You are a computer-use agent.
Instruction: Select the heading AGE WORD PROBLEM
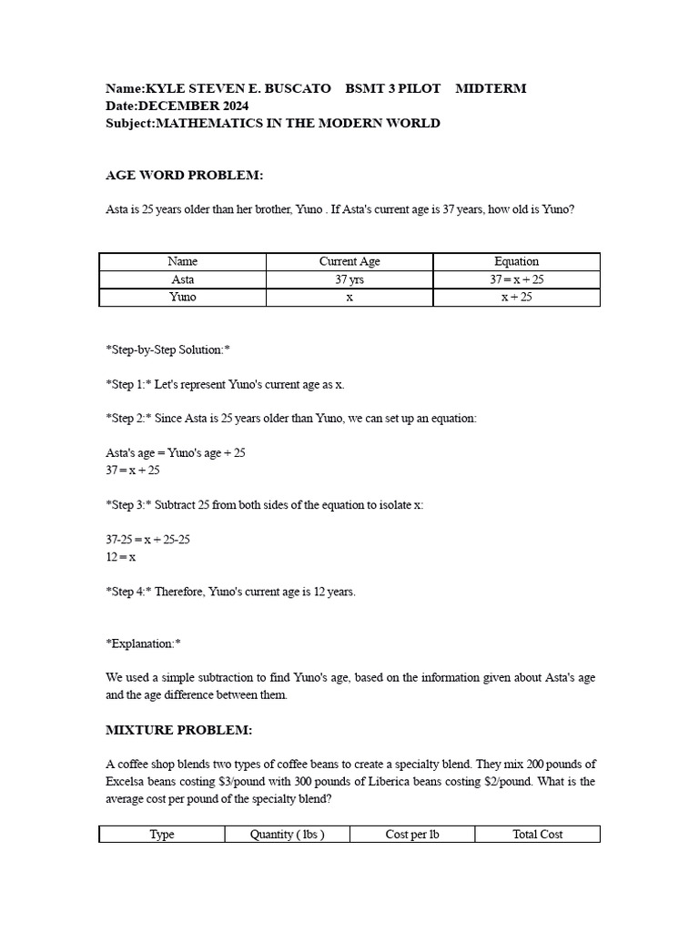pyautogui.click(x=185, y=175)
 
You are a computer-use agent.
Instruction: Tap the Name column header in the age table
pyautogui.click(x=183, y=261)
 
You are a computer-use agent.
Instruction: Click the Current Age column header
pyautogui.click(x=349, y=261)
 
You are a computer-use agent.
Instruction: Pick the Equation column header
pyautogui.click(x=516, y=261)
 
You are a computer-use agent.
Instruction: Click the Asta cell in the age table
pyautogui.click(x=183, y=279)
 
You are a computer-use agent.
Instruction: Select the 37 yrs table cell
pyautogui.click(x=349, y=279)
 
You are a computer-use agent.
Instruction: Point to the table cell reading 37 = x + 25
pyautogui.click(x=516, y=279)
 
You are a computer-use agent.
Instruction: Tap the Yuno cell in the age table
pyautogui.click(x=183, y=298)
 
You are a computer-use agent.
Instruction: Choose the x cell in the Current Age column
pyautogui.click(x=349, y=298)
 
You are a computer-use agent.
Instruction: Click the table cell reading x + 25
pyautogui.click(x=516, y=298)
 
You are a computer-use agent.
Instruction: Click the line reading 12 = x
pyautogui.click(x=121, y=557)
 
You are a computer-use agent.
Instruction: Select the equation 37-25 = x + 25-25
pyautogui.click(x=148, y=540)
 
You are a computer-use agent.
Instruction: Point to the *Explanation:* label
pyautogui.click(x=144, y=643)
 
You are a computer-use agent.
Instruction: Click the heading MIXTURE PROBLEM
pyautogui.click(x=179, y=730)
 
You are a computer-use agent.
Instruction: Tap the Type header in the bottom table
pyautogui.click(x=162, y=834)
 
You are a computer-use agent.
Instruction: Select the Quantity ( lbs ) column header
pyautogui.click(x=287, y=834)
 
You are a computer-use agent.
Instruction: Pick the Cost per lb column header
pyautogui.click(x=412, y=834)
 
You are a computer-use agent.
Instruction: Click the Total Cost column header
pyautogui.click(x=537, y=834)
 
